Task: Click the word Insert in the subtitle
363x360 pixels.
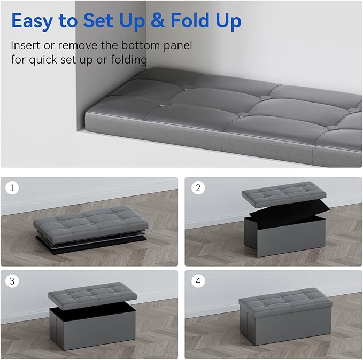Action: coord(26,45)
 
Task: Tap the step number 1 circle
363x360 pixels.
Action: coord(12,188)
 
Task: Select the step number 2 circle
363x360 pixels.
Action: coord(198,188)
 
